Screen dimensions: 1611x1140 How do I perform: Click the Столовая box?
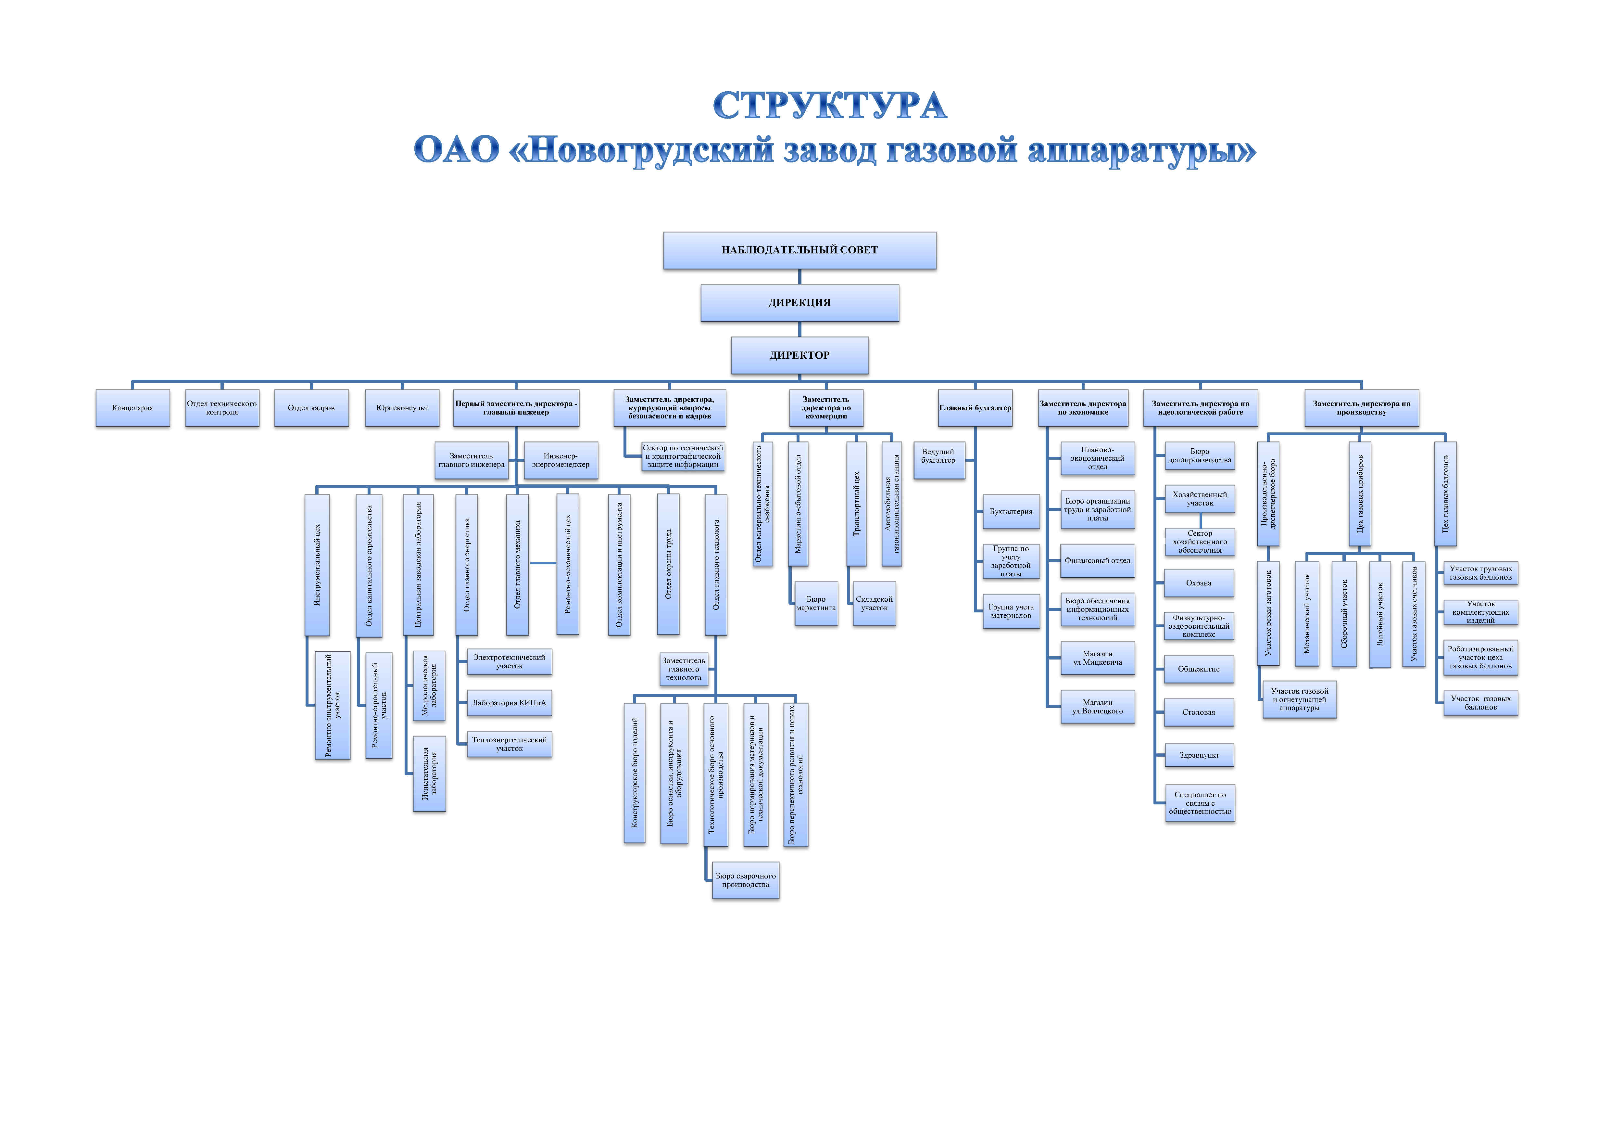point(1199,712)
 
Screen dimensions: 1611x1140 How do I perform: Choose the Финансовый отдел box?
point(1097,561)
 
